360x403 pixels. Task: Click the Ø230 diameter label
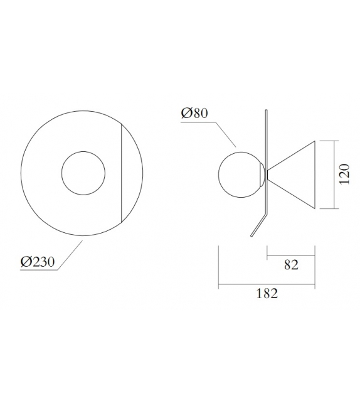[x=38, y=262]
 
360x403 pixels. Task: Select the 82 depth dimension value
[x=290, y=265]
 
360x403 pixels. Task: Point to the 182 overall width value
[x=267, y=294]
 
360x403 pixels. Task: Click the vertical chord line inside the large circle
[x=120, y=173]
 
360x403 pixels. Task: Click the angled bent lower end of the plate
[x=258, y=225]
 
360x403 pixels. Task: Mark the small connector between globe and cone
[x=267, y=173]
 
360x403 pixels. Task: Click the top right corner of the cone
[x=314, y=141]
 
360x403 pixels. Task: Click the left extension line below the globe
[x=218, y=267]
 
